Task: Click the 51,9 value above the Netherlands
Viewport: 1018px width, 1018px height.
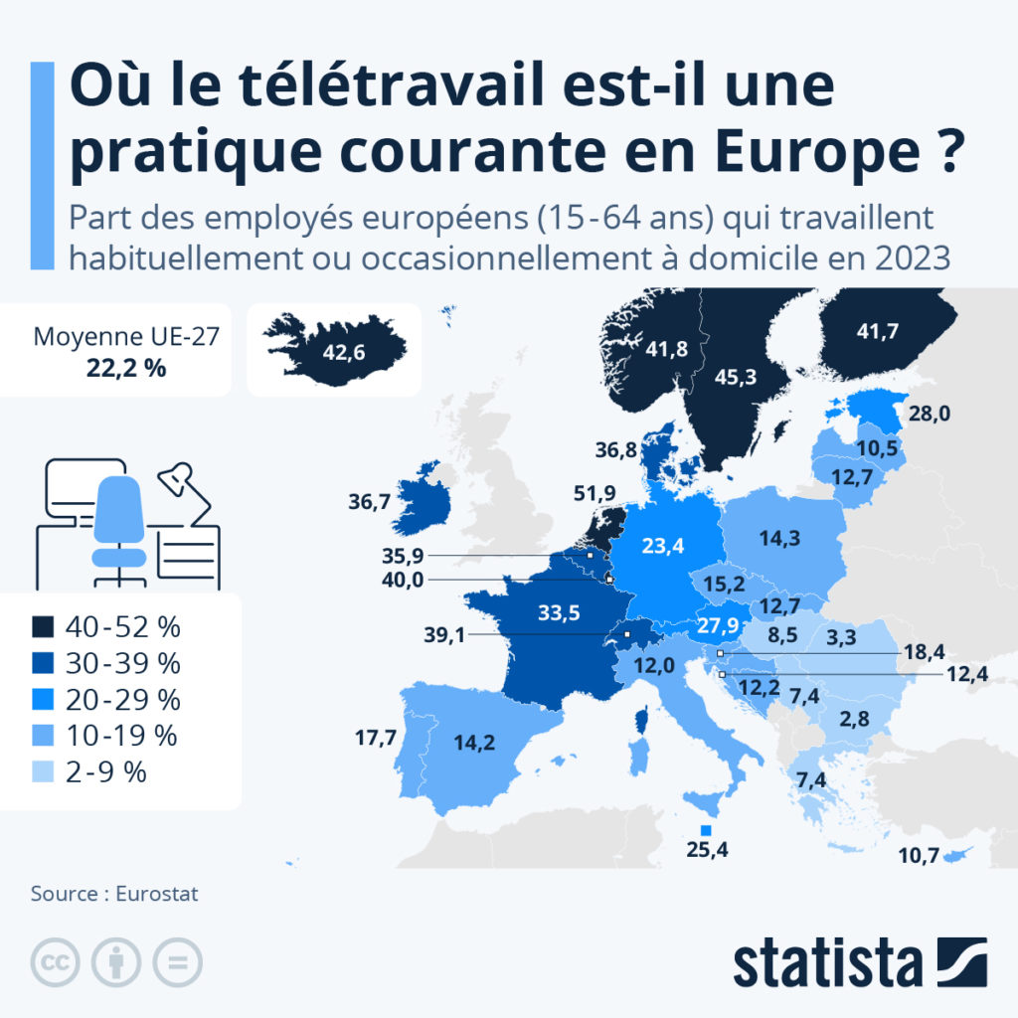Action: click(x=594, y=491)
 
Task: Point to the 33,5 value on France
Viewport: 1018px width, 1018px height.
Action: click(x=559, y=612)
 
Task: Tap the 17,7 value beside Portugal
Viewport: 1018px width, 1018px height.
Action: click(x=376, y=738)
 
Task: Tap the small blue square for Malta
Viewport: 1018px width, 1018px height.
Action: click(x=707, y=830)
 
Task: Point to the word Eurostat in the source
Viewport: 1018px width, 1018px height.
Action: click(x=157, y=893)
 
